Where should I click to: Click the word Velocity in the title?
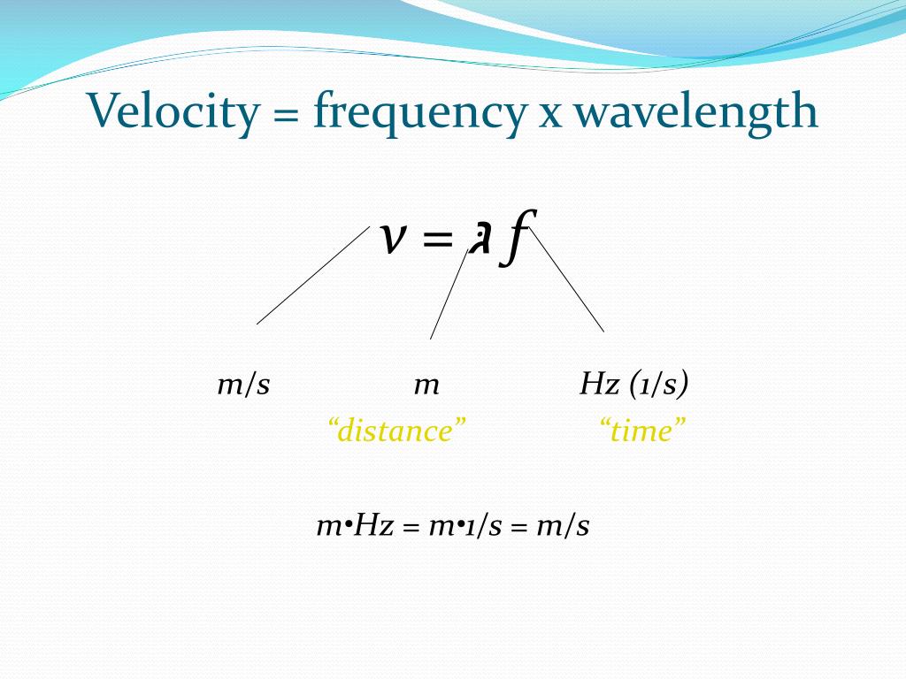(x=156, y=111)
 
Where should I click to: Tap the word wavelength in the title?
(x=695, y=113)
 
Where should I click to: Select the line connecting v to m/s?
(x=313, y=275)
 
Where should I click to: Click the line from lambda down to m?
(x=448, y=294)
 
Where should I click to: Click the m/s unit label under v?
(x=243, y=385)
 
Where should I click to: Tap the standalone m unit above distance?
(x=426, y=385)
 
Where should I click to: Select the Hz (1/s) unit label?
(x=634, y=385)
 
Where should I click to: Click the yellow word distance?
(x=396, y=431)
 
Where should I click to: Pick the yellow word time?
(x=643, y=431)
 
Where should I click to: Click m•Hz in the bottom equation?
(x=355, y=527)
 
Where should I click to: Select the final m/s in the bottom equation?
(x=563, y=527)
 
